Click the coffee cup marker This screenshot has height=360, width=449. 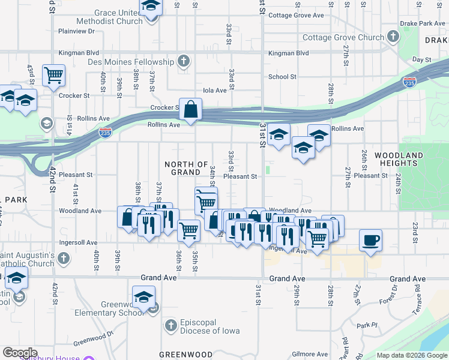pyautogui.click(x=370, y=241)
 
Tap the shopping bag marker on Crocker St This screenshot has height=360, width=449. pyautogui.click(x=190, y=110)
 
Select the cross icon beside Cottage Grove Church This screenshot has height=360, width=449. pyautogui.click(x=393, y=37)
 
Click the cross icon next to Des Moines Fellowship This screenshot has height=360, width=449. pyautogui.click(x=184, y=61)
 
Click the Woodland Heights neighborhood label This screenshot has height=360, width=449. pyautogui.click(x=399, y=159)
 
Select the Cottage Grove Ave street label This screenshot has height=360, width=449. pyautogui.click(x=296, y=16)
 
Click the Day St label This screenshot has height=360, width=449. pyautogui.click(x=422, y=60)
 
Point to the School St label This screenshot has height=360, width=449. pyautogui.click(x=282, y=77)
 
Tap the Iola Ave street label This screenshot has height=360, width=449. pyautogui.click(x=215, y=90)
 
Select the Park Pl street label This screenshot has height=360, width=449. pyautogui.click(x=366, y=326)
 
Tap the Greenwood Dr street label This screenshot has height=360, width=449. pyautogui.click(x=93, y=339)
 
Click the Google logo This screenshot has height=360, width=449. pyautogui.click(x=20, y=353)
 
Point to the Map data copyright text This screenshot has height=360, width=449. pyautogui.click(x=411, y=355)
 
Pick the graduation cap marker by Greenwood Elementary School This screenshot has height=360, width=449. pyautogui.click(x=143, y=297)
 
